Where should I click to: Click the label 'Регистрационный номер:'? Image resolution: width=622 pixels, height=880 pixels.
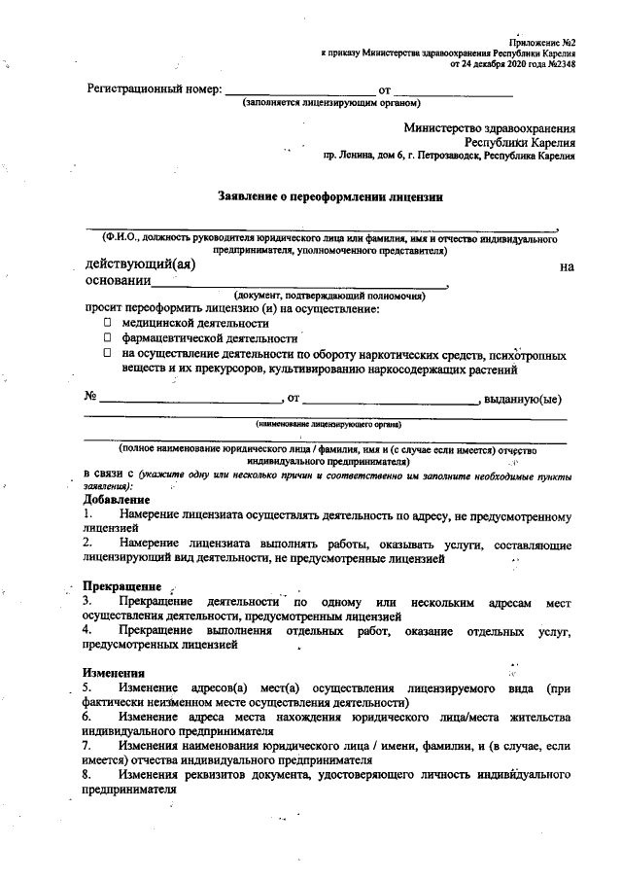tap(154, 89)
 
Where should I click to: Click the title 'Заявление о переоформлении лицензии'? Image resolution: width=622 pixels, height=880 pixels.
tap(331, 196)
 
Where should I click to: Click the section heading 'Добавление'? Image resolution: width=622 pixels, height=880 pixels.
tap(116, 499)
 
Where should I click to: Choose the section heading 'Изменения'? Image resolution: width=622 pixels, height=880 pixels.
tap(114, 673)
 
